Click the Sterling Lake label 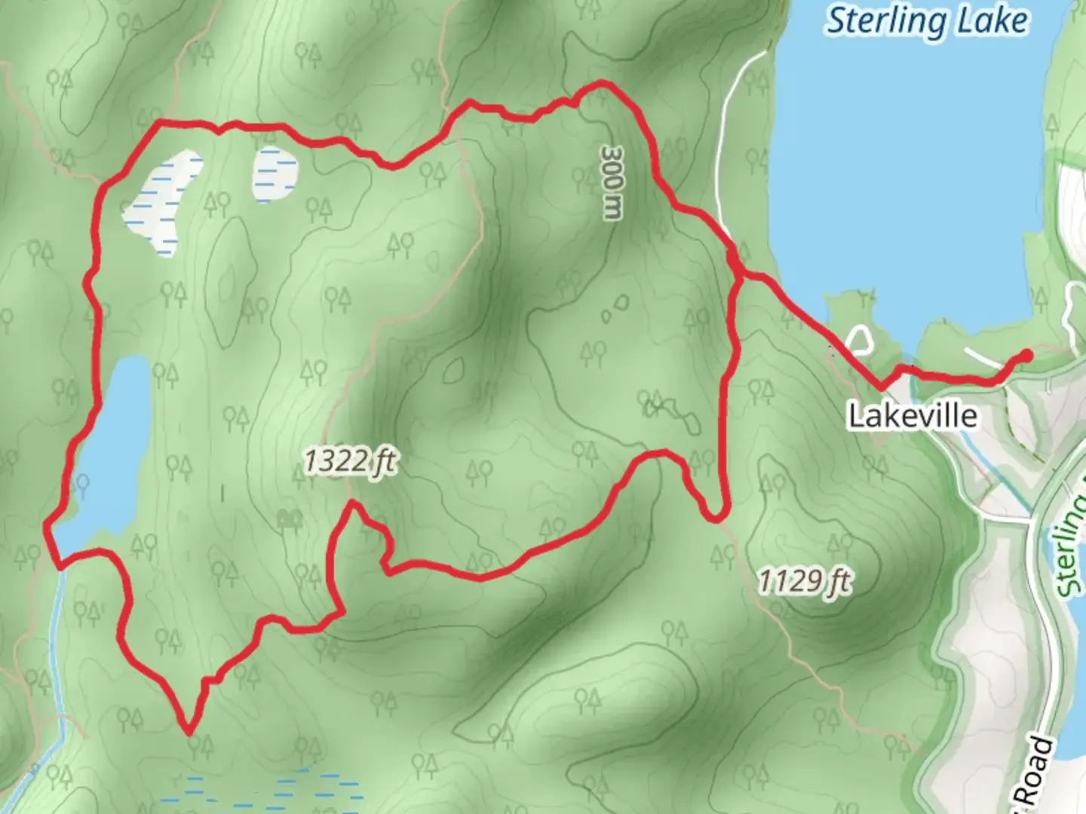(927, 22)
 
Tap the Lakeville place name (913, 415)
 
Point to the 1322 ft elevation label (350, 461)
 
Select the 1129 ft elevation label (804, 581)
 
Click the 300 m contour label (612, 182)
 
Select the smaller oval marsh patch (275, 174)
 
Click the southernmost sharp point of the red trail (189, 730)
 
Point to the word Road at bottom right (1033, 773)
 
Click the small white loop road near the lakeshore (858, 340)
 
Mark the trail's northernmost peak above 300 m (601, 82)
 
